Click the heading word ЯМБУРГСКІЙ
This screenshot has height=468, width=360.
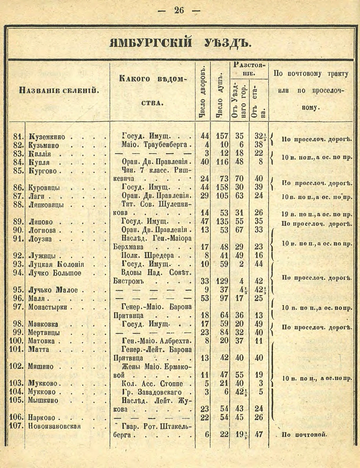point(151,42)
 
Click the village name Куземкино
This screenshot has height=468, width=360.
point(46,137)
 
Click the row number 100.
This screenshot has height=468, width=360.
point(16,341)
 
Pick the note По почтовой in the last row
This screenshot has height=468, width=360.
point(304,435)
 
